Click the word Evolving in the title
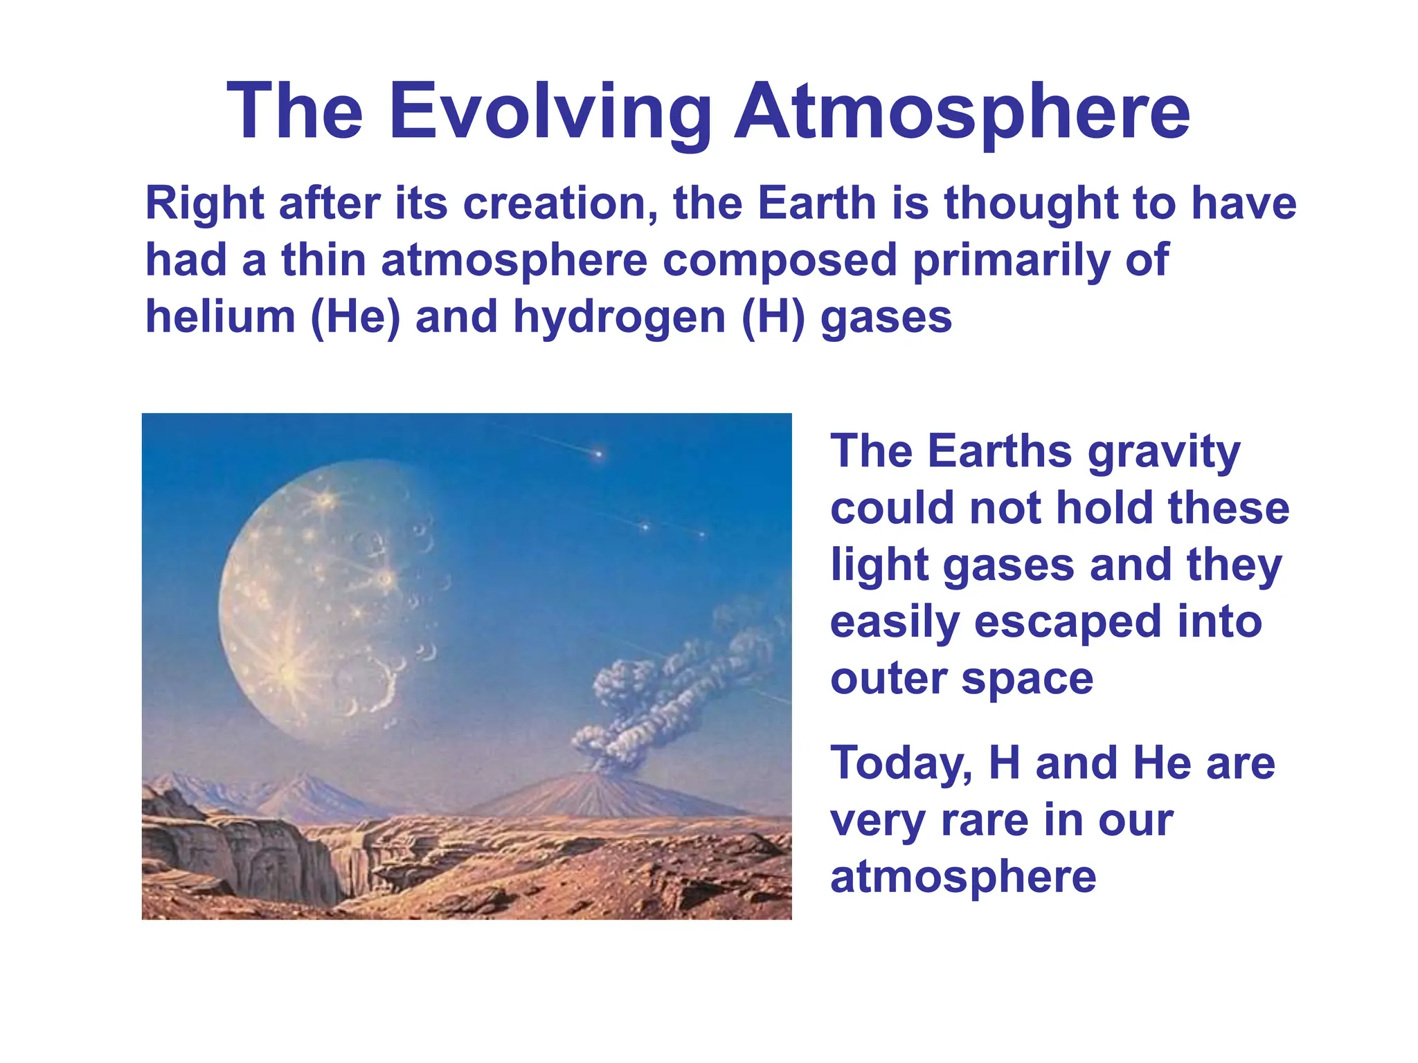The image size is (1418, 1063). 550,112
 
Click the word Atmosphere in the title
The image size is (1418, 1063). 962,112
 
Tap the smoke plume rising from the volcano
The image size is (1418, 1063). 665,692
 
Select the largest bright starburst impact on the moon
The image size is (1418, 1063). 287,670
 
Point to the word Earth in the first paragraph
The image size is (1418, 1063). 817,203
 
